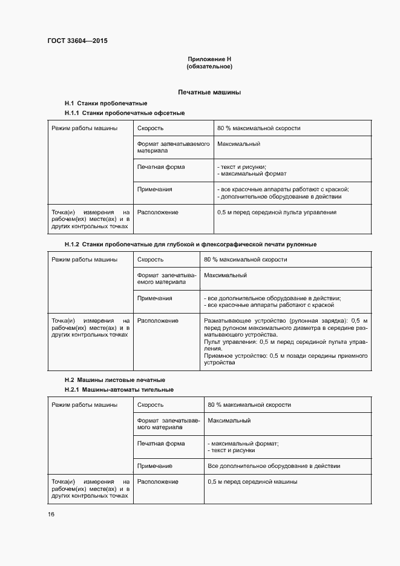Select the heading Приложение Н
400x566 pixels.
click(x=209, y=59)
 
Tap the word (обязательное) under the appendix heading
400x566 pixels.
click(x=209, y=67)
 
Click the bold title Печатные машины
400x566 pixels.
click(x=209, y=93)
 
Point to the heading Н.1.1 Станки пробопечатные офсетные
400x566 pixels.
click(x=124, y=113)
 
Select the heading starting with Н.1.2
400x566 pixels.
click(x=190, y=244)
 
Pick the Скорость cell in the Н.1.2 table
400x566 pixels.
click(x=150, y=259)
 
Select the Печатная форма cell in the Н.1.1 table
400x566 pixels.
click(x=161, y=166)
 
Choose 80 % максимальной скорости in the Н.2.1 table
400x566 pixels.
click(x=249, y=404)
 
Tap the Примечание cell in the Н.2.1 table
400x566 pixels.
click(x=155, y=466)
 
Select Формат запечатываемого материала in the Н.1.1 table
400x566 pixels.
click(x=173, y=147)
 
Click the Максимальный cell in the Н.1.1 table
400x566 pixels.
click(x=238, y=144)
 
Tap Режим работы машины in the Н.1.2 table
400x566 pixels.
click(x=84, y=259)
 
